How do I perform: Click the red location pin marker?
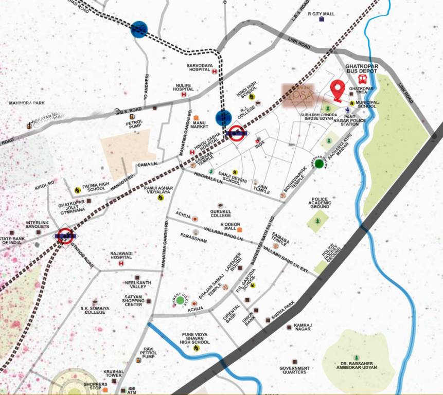[x=337, y=89]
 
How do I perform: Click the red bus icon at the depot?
[x=362, y=80]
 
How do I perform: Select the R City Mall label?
[x=321, y=14]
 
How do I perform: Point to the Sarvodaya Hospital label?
[x=200, y=68]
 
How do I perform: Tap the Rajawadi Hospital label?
[x=122, y=257]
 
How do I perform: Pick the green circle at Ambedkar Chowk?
[x=319, y=164]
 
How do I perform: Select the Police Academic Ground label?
[x=320, y=202]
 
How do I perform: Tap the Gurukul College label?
[x=221, y=213]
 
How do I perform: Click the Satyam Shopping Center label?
[x=133, y=300]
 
